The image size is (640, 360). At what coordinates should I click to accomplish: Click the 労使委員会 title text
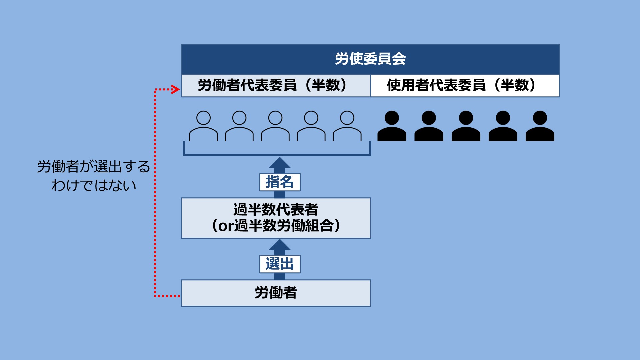click(x=370, y=59)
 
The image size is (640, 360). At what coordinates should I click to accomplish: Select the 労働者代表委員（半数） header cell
click(x=276, y=86)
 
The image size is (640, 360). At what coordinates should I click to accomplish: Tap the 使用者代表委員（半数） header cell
click(x=465, y=86)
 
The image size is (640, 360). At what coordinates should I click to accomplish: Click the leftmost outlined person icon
click(x=203, y=126)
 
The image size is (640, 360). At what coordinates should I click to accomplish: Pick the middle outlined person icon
click(x=275, y=126)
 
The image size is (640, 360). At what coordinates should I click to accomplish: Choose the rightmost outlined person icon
click(x=347, y=126)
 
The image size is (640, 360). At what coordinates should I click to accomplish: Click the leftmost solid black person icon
click(x=392, y=126)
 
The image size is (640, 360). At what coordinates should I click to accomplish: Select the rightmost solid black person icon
click(x=540, y=126)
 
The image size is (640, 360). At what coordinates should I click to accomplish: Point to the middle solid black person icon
click(x=466, y=126)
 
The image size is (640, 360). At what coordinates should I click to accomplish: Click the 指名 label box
click(x=280, y=182)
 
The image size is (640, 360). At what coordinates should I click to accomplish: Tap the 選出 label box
click(x=280, y=264)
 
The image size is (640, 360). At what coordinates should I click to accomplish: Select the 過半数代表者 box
click(x=276, y=218)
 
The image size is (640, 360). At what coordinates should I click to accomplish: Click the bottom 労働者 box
click(x=276, y=293)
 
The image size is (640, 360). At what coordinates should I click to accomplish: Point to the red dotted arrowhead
click(x=176, y=89)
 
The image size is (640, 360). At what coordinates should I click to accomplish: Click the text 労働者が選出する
click(x=94, y=167)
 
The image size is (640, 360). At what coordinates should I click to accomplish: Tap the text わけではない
click(x=94, y=185)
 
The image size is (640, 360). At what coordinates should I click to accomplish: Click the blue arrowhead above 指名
click(x=280, y=163)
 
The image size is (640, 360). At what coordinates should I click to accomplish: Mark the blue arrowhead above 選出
click(x=280, y=245)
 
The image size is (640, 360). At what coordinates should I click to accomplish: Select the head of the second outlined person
click(x=239, y=118)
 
